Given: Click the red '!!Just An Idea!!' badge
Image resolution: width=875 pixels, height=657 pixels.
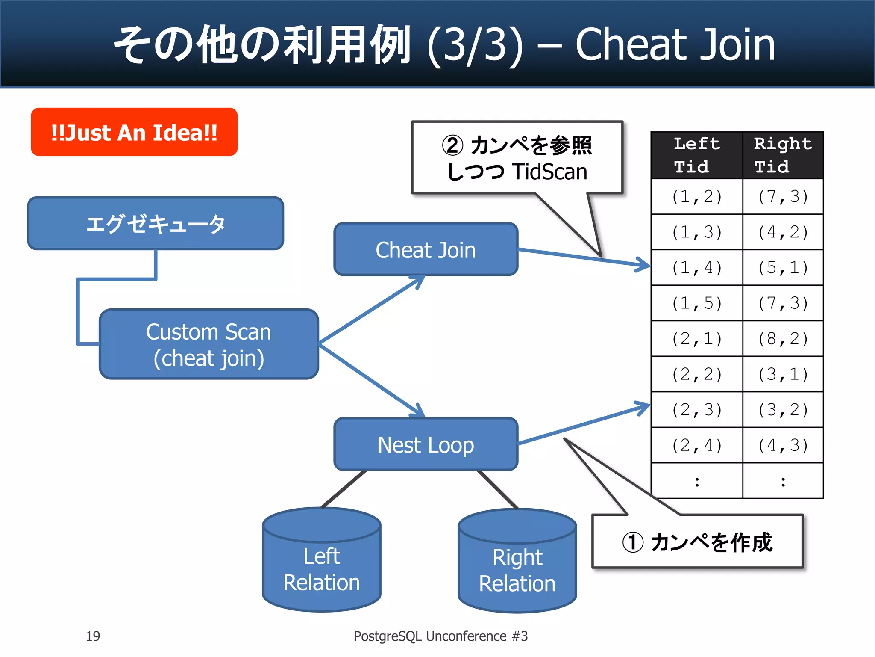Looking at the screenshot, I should (134, 132).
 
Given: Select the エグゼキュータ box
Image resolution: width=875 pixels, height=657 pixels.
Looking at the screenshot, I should (156, 223).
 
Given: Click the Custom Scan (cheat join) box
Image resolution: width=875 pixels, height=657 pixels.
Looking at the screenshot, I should (208, 344).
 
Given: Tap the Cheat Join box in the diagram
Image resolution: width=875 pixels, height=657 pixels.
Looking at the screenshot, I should (426, 249).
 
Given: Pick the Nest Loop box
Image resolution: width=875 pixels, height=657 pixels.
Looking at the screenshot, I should (426, 444).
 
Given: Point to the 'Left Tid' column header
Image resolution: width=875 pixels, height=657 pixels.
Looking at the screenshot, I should (696, 155).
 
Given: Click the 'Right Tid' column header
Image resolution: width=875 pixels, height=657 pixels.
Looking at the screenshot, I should (783, 155).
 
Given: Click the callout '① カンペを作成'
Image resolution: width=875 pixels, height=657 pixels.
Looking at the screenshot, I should (697, 542).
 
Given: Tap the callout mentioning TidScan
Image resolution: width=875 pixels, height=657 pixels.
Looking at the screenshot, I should (517, 158).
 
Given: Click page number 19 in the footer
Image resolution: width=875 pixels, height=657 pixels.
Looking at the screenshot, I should (93, 636).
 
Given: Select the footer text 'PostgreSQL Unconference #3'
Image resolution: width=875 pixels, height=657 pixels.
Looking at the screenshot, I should (440, 636).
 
